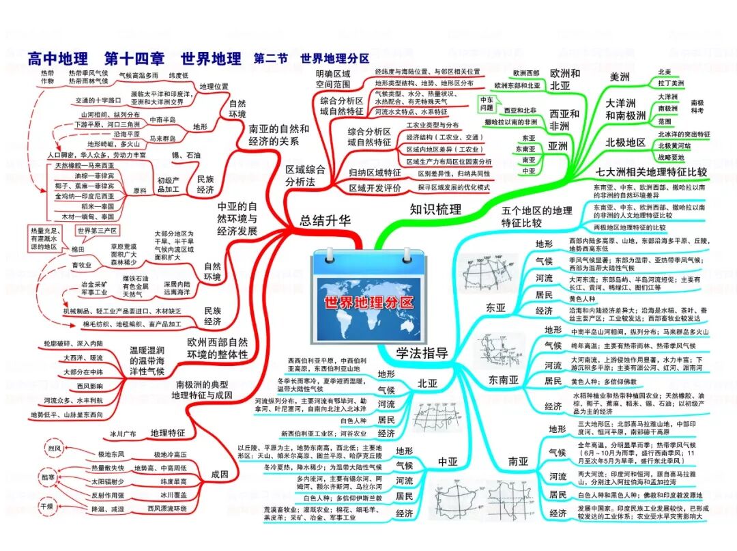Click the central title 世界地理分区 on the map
[369, 302]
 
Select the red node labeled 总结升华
[326, 220]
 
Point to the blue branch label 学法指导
[422, 352]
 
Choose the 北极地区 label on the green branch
[626, 142]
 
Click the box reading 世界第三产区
[97, 231]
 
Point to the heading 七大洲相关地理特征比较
[651, 171]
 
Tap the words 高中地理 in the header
[59, 58]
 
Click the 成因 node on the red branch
[220, 475]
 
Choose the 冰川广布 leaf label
[124, 433]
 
